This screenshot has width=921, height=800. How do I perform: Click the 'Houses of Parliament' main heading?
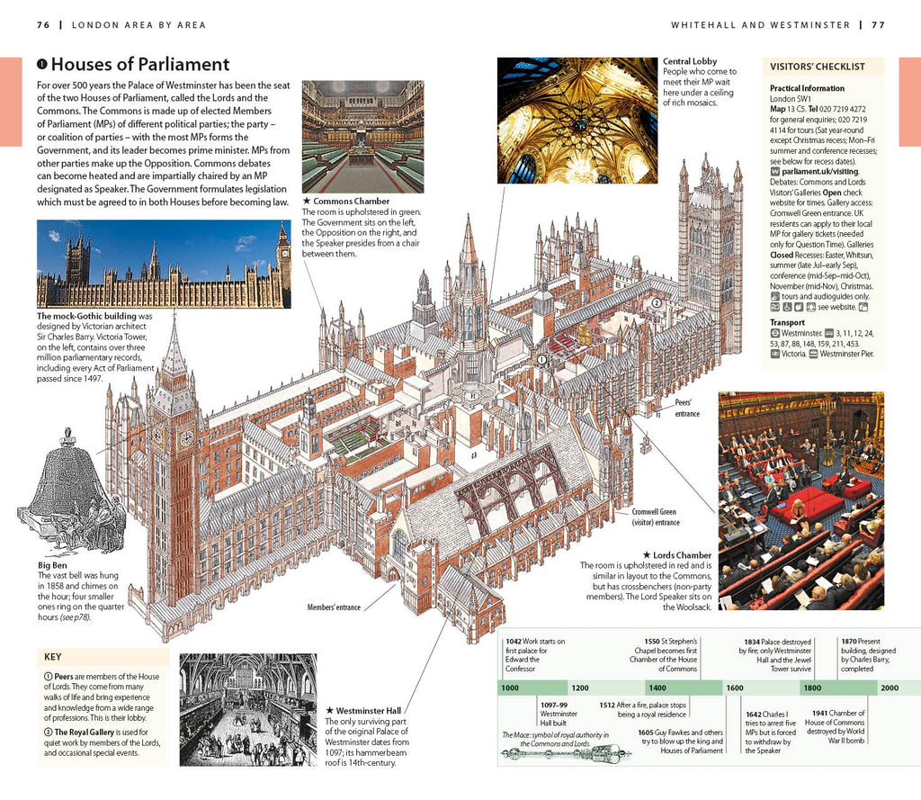[140, 65]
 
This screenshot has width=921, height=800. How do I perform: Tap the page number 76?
[43, 24]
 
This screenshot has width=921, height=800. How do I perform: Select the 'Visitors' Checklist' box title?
[817, 67]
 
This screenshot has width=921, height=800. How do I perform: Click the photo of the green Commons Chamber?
[362, 136]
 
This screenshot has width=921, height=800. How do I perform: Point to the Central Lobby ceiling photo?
[577, 121]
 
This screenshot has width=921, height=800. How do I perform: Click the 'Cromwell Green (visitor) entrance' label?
[655, 517]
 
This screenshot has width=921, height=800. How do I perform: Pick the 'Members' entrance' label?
[334, 607]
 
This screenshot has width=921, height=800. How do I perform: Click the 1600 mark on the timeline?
[735, 688]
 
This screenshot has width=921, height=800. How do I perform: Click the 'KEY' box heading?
[53, 657]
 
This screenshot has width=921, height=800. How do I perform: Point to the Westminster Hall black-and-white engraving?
[247, 709]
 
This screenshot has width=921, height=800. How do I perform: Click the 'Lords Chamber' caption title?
[681, 555]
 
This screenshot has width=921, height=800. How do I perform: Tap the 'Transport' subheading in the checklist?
[788, 322]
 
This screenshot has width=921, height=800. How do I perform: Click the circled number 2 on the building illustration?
[657, 302]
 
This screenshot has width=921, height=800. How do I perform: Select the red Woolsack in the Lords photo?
[807, 502]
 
